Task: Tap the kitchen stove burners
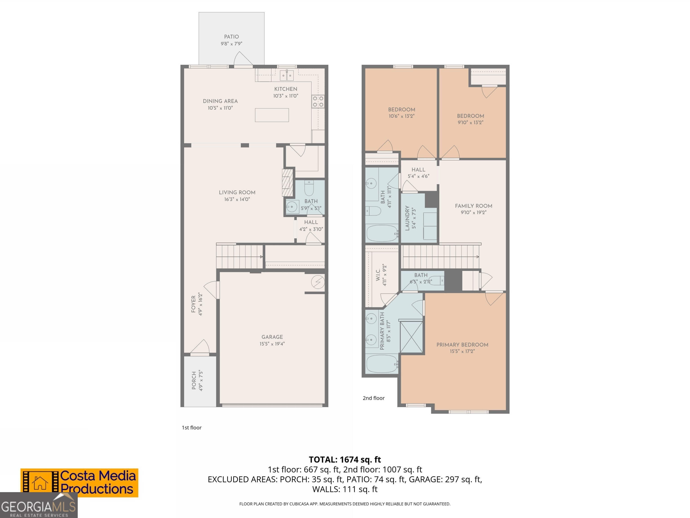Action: point(318,101)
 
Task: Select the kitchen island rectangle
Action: point(272,115)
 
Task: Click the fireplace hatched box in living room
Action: point(287,183)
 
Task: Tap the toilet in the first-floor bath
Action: point(309,188)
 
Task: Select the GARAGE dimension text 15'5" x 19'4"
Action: point(272,344)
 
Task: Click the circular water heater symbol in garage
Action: point(318,282)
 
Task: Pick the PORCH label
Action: point(194,380)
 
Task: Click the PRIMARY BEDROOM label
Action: point(462,345)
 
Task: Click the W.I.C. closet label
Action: point(378,275)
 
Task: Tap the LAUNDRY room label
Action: point(407,218)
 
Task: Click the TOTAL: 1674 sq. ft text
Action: point(345,460)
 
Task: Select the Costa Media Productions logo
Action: point(79,483)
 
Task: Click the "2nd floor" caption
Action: point(373,398)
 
